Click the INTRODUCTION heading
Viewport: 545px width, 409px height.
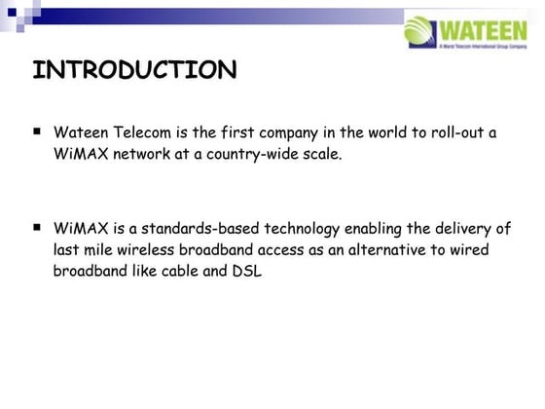(134, 71)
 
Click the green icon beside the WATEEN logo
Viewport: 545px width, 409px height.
(419, 28)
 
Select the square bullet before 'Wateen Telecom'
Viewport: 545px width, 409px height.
(36, 130)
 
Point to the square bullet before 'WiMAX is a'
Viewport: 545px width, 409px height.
(36, 227)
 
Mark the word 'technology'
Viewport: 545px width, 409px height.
(298, 230)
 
